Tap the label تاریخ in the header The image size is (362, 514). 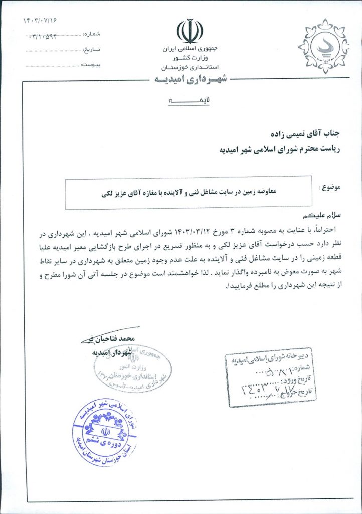(91, 50)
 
